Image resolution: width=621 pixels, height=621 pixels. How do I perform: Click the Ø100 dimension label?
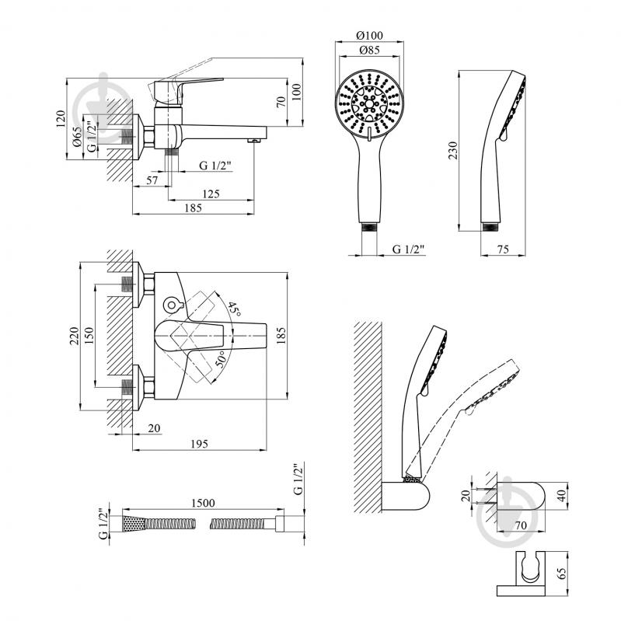coord(369,35)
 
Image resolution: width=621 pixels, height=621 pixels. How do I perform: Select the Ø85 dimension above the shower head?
coord(369,50)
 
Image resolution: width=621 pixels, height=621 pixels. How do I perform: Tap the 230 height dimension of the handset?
coord(452,151)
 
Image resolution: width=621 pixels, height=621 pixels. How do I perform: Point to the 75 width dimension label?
coord(503,249)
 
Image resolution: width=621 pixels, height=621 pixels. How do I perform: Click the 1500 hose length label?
coord(203,503)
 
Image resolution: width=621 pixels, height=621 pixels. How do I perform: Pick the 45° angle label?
coord(234,309)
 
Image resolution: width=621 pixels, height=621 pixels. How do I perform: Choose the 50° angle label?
coord(221,359)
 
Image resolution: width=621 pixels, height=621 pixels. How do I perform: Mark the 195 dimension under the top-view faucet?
coord(199,444)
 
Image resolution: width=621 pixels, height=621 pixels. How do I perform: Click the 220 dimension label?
coord(75,336)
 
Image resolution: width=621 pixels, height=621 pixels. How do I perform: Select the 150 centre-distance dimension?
coord(89,336)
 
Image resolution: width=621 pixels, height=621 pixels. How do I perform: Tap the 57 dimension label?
coord(152,180)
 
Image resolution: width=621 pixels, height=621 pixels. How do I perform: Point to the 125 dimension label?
coord(211,194)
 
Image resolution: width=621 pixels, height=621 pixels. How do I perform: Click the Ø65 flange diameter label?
coord(77,136)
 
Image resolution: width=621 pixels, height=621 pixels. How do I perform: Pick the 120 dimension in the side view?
coord(60,119)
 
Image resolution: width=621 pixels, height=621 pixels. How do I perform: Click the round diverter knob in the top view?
coord(172,305)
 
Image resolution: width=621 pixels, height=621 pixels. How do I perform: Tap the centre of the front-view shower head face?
coord(369,104)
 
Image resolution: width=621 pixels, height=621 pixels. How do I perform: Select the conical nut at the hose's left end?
coord(134,524)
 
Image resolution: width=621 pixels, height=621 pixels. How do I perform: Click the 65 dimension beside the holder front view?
coord(561,574)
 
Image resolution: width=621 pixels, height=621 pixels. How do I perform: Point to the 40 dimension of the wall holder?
coord(561,496)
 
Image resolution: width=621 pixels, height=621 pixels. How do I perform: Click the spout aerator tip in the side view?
coord(253,141)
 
